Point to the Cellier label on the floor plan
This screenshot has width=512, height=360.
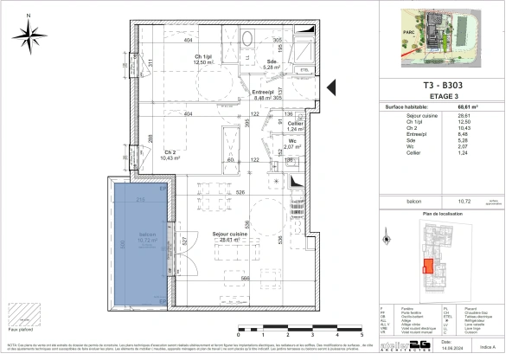[294, 125]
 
